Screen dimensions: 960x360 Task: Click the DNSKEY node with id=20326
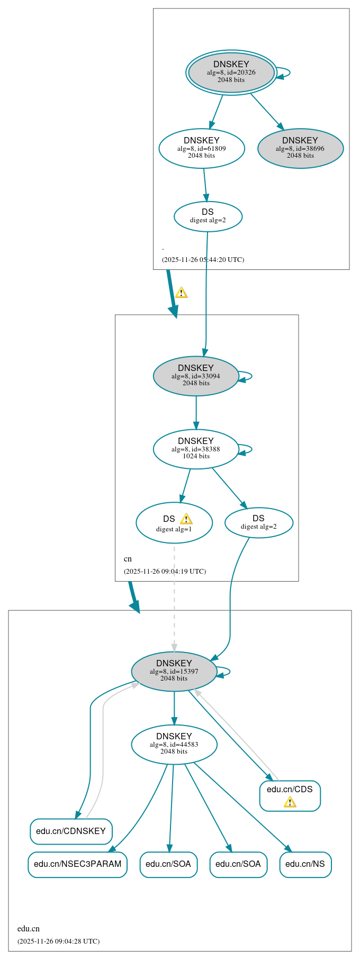tap(231, 72)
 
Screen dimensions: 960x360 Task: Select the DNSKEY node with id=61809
tap(202, 148)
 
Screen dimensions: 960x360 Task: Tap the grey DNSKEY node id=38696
tap(300, 148)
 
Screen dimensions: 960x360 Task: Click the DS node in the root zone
tap(208, 216)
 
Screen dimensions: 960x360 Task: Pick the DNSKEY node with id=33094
tap(196, 376)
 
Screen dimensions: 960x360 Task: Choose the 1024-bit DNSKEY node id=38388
tap(196, 449)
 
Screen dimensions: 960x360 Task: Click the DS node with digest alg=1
tap(174, 523)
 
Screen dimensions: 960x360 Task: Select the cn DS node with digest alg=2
tap(258, 523)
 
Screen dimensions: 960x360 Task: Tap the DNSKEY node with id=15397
tap(174, 671)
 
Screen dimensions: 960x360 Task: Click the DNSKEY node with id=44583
tap(174, 744)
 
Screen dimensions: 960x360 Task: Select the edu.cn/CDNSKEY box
tap(71, 831)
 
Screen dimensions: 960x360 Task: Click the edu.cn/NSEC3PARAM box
tap(77, 864)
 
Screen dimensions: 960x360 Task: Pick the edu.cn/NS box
tap(305, 864)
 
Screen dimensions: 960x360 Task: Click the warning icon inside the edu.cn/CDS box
tap(290, 802)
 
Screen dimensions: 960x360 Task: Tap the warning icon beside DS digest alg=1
tap(186, 519)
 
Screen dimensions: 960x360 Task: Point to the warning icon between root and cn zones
tap(181, 293)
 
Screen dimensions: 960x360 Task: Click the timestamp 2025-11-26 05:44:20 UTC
tap(203, 260)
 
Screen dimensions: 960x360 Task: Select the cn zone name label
tap(128, 559)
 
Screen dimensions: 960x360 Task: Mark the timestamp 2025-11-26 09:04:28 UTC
tap(58, 941)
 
